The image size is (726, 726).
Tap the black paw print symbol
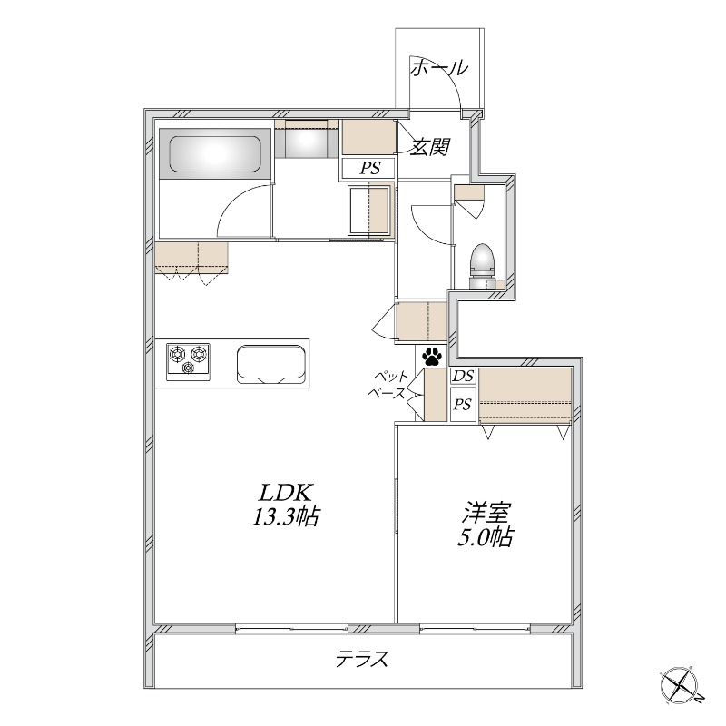click(432, 356)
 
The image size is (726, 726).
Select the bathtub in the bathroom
click(214, 153)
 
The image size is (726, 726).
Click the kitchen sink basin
click(271, 365)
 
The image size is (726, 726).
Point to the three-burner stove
click(188, 362)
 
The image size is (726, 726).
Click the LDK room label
click(285, 493)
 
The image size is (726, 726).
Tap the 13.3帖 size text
click(286, 516)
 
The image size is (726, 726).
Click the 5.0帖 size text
click(486, 537)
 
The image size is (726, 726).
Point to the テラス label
click(361, 659)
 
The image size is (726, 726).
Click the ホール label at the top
click(440, 68)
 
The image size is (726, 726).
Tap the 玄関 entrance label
click(430, 147)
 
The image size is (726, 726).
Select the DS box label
click(464, 376)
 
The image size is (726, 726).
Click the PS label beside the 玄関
click(370, 168)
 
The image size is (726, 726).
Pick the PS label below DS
click(462, 405)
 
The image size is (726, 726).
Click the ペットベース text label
click(387, 385)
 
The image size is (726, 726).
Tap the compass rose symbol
click(683, 688)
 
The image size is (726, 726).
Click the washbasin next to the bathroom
click(306, 139)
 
